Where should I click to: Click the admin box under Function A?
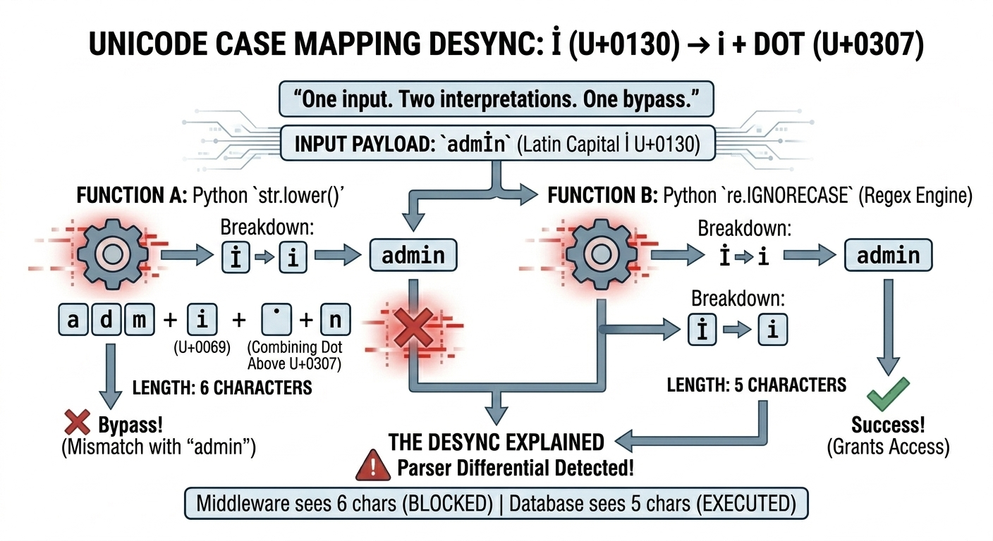413,255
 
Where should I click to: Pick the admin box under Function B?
888,255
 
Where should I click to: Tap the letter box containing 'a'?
72,321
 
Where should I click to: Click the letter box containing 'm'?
139,321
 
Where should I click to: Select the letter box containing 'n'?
335,321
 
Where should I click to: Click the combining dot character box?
276,321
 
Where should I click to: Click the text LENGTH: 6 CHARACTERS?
222,388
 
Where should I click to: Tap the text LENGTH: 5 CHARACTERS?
756,385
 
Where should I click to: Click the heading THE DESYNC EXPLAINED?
496,442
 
